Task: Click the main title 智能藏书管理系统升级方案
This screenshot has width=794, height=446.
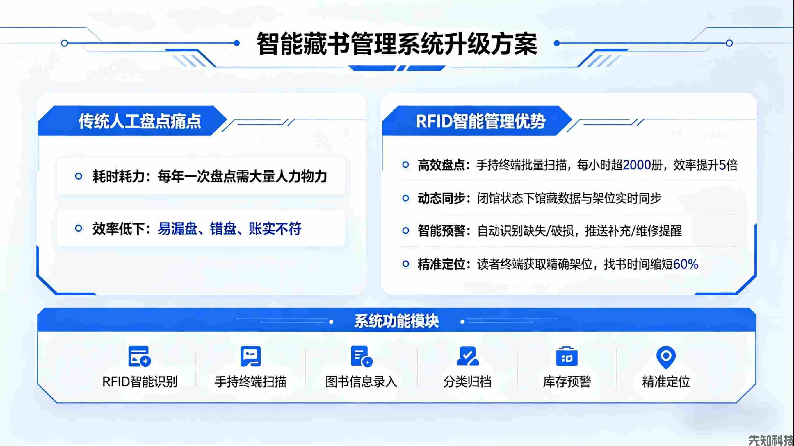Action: pos(397,44)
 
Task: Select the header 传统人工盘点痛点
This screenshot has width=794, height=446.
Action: pos(140,121)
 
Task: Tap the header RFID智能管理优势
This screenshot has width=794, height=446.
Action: pos(480,121)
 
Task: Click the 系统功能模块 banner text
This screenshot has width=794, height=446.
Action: pos(396,321)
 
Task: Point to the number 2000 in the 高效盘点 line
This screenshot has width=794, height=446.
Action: pos(636,165)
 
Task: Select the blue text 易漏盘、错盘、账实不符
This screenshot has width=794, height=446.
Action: pos(229,229)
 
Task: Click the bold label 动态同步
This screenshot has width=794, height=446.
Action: pos(441,198)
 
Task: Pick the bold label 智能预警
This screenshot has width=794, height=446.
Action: pos(441,231)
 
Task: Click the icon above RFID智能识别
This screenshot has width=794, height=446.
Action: pos(139,357)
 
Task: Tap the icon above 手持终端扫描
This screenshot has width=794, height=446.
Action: pos(251,356)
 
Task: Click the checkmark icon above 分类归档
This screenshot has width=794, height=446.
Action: pos(467,356)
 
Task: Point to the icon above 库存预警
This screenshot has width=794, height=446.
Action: pos(567,357)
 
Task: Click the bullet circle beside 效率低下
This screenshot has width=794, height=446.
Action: pos(79,229)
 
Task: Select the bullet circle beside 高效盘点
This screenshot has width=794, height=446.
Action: pos(406,165)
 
